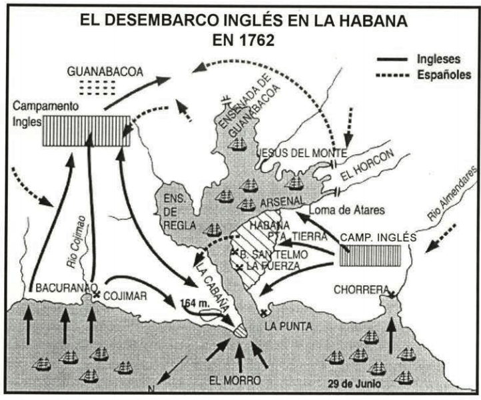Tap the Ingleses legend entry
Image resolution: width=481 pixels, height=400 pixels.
pyautogui.click(x=437, y=59)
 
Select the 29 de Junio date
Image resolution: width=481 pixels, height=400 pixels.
pyautogui.click(x=352, y=384)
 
